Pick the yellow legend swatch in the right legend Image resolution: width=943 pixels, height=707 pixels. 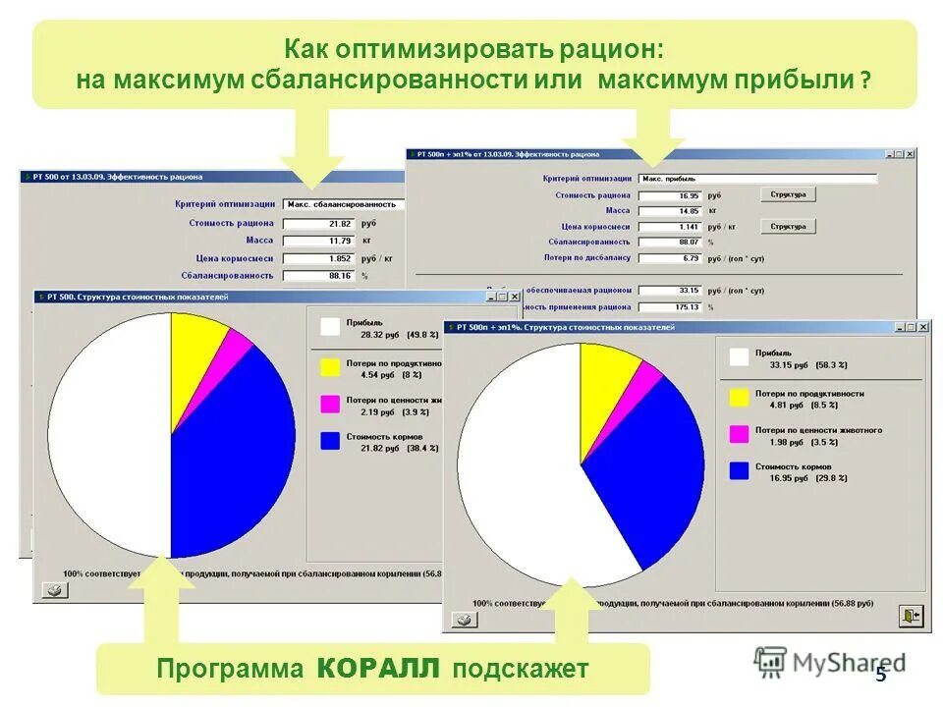pos(740,397)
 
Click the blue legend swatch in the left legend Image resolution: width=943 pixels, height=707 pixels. pos(330,441)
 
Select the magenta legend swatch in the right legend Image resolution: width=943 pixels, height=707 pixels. pos(740,433)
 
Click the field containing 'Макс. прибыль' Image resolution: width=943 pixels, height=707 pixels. pos(756,180)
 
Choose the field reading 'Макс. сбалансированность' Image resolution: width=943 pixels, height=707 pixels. pos(344,204)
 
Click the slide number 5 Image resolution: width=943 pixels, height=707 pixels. pos(880,674)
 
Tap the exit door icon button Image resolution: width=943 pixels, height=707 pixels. pos(911,616)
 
